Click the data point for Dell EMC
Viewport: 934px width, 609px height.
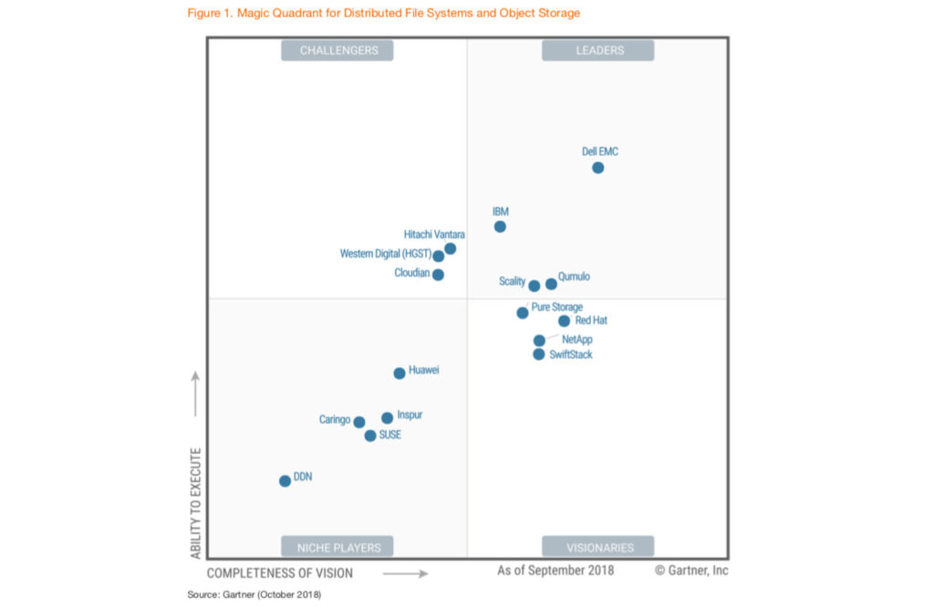(x=597, y=167)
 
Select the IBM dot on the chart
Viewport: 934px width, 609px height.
(x=500, y=226)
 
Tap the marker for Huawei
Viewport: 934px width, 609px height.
(x=400, y=373)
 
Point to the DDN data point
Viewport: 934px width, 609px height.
(x=285, y=480)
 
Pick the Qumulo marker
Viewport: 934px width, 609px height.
(x=551, y=284)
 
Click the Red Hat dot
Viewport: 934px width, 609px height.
(x=564, y=320)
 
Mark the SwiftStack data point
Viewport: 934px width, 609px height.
(x=539, y=354)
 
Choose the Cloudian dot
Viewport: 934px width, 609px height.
(x=438, y=274)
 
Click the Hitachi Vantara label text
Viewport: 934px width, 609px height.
(x=434, y=235)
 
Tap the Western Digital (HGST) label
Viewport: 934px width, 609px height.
(x=384, y=254)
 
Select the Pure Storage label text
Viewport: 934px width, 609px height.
(x=556, y=307)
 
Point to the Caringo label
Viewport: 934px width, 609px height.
(x=335, y=420)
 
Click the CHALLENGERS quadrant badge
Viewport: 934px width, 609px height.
(x=338, y=50)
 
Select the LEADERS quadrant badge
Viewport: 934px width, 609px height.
(x=599, y=50)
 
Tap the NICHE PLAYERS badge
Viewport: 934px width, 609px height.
(x=338, y=548)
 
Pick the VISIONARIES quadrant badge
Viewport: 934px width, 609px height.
(x=599, y=548)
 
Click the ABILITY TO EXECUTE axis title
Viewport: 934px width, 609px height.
(x=195, y=503)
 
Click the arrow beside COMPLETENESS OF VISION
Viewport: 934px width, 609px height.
(x=405, y=573)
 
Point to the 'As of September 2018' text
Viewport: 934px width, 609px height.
(x=555, y=571)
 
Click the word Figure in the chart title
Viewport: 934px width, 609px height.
(x=206, y=13)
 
